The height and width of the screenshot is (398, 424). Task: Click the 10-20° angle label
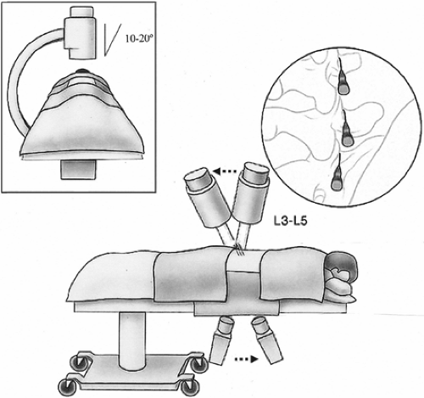point(137,39)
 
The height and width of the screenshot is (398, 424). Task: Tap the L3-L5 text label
point(290,221)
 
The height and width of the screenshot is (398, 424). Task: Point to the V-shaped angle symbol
point(112,40)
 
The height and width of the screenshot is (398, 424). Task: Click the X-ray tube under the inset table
point(78,169)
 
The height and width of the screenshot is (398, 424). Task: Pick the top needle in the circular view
point(343,77)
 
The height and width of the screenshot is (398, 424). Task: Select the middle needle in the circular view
point(346,129)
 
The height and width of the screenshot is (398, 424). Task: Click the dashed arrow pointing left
point(225,171)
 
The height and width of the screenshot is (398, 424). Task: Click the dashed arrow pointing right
point(247,359)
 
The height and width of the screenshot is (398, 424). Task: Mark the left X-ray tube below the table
point(223,340)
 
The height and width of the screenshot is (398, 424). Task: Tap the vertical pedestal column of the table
point(132,339)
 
